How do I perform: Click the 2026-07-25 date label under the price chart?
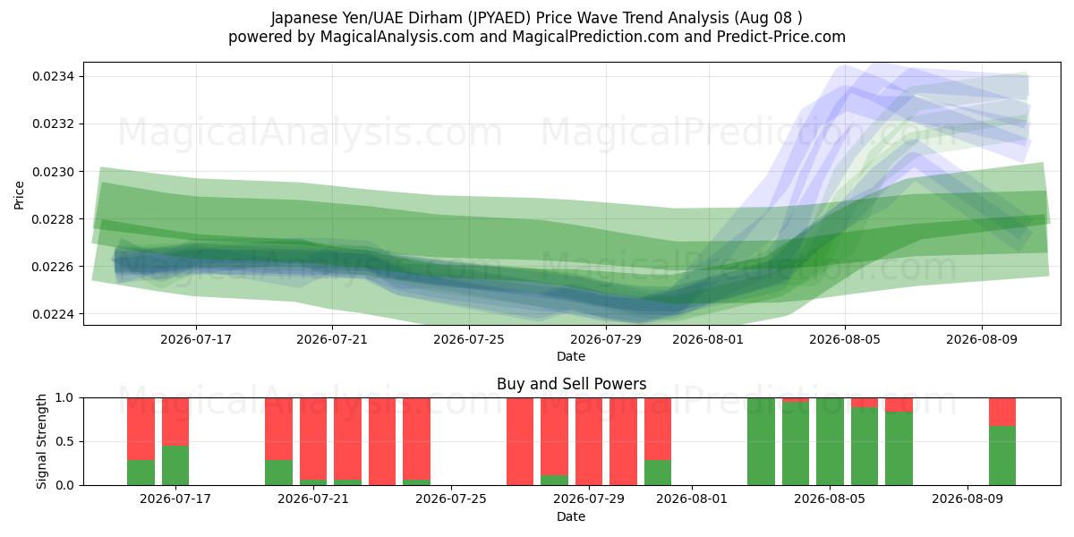469,340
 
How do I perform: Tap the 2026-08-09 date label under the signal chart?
967,499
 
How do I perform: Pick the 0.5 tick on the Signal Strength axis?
65,441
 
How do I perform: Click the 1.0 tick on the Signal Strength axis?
65,398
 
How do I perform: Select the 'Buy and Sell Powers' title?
572,384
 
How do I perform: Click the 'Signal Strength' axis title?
42,441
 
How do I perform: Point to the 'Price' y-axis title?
19,195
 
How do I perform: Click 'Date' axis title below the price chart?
571,357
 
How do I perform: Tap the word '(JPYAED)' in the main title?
499,18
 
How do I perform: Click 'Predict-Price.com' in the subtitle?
781,37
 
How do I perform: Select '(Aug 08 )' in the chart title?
768,18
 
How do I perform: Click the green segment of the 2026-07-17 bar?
175,465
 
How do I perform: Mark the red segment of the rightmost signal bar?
1002,412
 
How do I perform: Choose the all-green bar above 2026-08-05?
830,441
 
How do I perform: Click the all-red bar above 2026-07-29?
589,441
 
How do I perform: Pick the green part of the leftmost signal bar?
141,473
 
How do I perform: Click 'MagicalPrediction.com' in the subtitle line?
595,37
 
